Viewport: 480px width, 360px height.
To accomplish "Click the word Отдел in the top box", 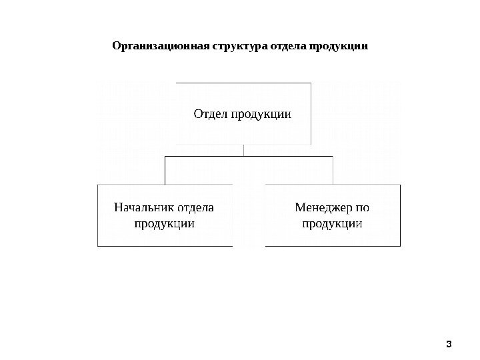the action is (x=210, y=114).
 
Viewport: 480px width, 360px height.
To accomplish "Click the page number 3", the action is (x=449, y=344).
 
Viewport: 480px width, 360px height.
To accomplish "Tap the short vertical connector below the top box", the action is (x=244, y=151).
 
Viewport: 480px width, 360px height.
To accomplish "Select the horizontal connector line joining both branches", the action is (x=248, y=157).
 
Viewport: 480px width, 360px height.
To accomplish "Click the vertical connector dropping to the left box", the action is (x=165, y=171).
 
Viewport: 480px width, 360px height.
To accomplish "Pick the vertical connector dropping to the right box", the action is (x=333, y=171).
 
